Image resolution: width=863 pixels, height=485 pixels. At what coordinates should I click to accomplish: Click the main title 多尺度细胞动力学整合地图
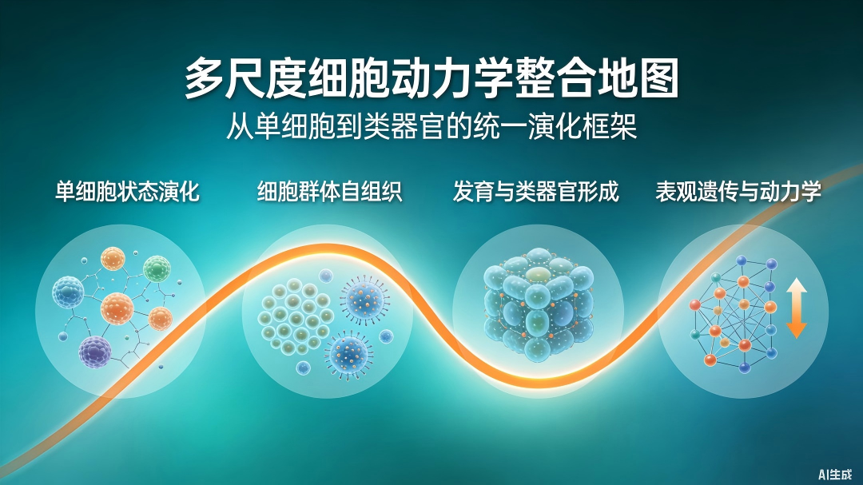coord(431,79)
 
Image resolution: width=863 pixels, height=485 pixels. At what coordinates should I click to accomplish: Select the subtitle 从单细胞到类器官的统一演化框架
coord(431,126)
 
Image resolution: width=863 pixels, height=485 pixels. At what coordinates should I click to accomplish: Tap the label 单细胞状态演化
coord(127,192)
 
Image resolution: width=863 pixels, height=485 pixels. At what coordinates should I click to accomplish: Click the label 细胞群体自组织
coord(330,192)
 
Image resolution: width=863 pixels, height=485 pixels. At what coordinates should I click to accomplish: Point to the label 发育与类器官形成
coord(536,192)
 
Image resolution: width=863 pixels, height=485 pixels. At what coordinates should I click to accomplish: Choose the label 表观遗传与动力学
coord(738,192)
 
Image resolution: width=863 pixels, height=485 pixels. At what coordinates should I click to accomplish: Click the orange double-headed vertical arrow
coord(797,308)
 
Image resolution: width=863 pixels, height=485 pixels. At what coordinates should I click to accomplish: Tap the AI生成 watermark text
coord(835,474)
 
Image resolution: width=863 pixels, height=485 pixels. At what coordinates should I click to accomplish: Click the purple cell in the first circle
coord(95,352)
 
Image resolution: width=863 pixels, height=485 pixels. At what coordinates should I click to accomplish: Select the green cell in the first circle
coord(157,268)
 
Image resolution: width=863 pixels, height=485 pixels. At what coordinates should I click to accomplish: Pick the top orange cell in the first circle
coord(113,259)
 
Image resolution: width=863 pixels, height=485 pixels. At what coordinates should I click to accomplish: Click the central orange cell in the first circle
coord(117,308)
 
